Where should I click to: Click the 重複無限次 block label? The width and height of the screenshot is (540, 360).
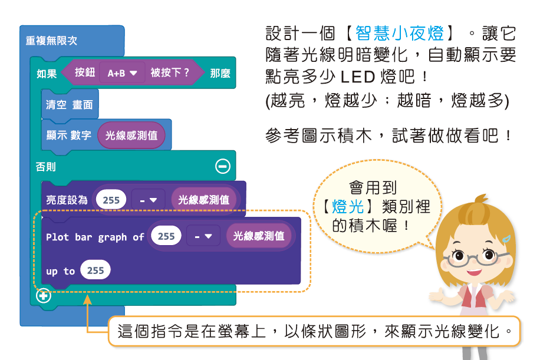[51, 41]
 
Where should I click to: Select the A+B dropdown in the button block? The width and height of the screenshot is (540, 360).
[122, 73]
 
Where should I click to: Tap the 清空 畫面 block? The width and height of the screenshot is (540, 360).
[70, 105]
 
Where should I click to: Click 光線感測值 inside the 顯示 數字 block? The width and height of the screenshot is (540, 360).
[131, 136]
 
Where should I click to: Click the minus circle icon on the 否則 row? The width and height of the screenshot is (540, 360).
[223, 167]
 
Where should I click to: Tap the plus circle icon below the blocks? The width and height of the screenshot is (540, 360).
[43, 295]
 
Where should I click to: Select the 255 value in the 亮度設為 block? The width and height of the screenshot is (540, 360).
[111, 200]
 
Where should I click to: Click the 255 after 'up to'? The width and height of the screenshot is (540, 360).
[96, 270]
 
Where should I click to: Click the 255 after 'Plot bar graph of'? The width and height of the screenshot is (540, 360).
[166, 236]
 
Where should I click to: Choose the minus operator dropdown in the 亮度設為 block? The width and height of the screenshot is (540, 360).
[148, 200]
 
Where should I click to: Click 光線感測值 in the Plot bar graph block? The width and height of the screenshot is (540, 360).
[259, 236]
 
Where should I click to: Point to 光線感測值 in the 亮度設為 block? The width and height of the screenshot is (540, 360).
[204, 200]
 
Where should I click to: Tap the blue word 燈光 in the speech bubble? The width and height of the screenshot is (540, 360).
[348, 207]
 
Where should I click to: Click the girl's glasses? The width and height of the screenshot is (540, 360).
[472, 257]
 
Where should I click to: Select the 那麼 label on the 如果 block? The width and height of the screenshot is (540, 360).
[220, 73]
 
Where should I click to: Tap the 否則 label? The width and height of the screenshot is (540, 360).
[46, 167]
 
